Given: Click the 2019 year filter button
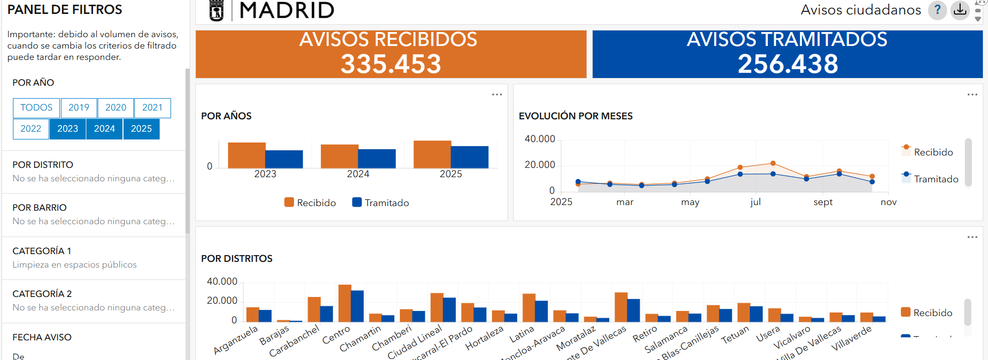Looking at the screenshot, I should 79,107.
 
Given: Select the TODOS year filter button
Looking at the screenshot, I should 36,107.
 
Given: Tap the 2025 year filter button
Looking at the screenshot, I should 141,129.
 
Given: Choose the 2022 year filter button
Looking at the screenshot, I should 31,129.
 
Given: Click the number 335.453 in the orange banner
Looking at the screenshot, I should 391,64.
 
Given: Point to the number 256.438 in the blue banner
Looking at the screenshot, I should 788,64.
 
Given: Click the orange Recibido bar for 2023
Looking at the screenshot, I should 246,155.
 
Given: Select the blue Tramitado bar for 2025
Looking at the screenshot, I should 470,157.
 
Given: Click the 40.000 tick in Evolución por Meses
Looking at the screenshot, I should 539,139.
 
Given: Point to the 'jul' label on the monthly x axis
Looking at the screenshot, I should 755,202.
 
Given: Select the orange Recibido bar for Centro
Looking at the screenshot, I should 345,303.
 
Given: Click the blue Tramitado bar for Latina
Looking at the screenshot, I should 541,311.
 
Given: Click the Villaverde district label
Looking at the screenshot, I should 851,338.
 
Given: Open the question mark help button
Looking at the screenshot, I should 937,10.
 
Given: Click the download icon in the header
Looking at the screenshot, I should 960,10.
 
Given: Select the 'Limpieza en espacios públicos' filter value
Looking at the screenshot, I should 74,264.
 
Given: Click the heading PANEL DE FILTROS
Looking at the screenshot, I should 65,10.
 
